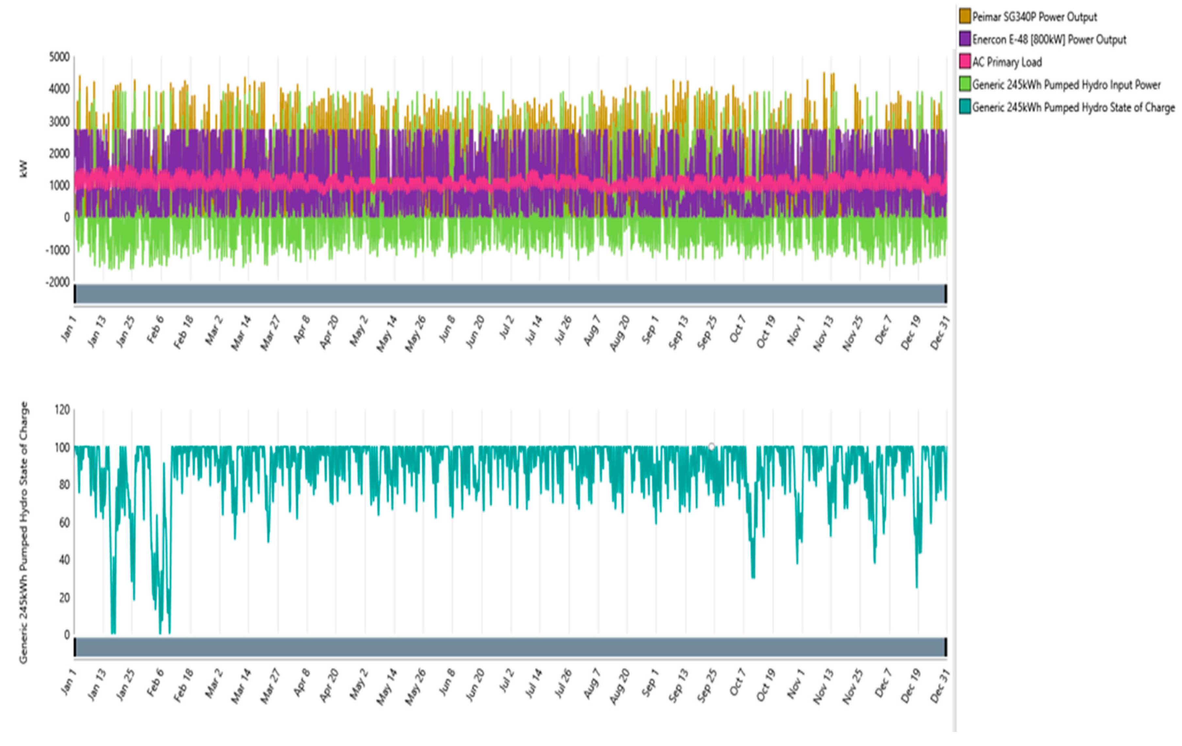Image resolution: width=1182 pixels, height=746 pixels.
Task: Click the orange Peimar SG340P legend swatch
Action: point(964,16)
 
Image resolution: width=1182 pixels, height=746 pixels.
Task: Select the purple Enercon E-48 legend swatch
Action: point(964,39)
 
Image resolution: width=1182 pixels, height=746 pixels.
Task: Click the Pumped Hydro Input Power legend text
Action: point(1066,84)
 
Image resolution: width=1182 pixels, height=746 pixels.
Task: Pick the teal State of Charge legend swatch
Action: point(964,107)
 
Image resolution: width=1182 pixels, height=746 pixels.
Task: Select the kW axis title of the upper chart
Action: point(23,169)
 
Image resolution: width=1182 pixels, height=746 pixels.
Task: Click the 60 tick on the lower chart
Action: point(64,522)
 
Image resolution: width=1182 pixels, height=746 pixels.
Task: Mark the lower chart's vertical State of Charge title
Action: point(24,532)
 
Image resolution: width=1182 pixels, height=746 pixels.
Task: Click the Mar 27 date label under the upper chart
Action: point(270,333)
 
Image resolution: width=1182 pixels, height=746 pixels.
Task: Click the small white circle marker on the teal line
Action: point(711,446)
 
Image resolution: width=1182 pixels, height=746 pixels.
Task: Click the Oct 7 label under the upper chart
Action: point(737,329)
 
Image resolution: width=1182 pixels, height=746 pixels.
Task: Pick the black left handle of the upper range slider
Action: point(75,294)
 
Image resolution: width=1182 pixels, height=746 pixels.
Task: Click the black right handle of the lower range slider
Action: point(946,646)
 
